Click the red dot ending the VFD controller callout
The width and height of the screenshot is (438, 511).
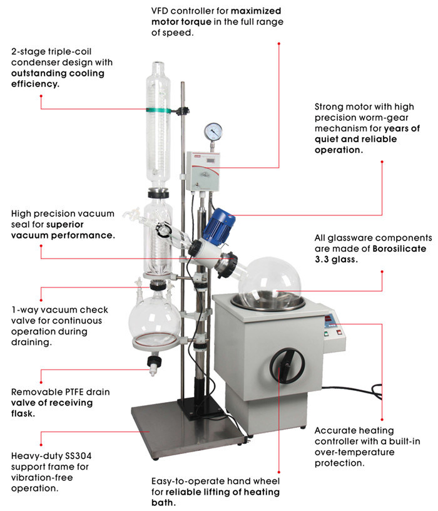coord(279,43)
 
